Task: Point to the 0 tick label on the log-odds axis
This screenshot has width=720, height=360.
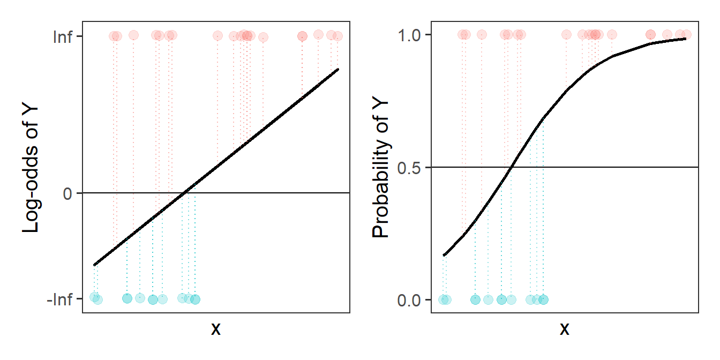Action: point(68,193)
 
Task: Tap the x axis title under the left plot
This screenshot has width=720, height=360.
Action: point(215,329)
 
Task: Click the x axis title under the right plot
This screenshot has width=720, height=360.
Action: point(564,329)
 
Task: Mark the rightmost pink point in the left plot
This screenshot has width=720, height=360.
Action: point(337,36)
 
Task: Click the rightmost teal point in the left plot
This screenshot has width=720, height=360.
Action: point(195,299)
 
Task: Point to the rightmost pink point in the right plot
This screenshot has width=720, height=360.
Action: point(686,34)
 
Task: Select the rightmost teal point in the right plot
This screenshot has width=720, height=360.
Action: point(543,299)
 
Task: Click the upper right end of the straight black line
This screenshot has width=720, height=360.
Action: point(338,69)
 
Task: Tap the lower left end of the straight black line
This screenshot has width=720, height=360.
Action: point(94,265)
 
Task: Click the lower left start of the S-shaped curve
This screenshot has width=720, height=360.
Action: point(444,256)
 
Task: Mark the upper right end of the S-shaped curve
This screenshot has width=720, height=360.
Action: point(686,39)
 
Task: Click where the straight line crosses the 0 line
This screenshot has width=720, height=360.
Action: point(184,193)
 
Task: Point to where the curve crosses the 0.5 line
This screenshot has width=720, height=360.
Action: point(511,167)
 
